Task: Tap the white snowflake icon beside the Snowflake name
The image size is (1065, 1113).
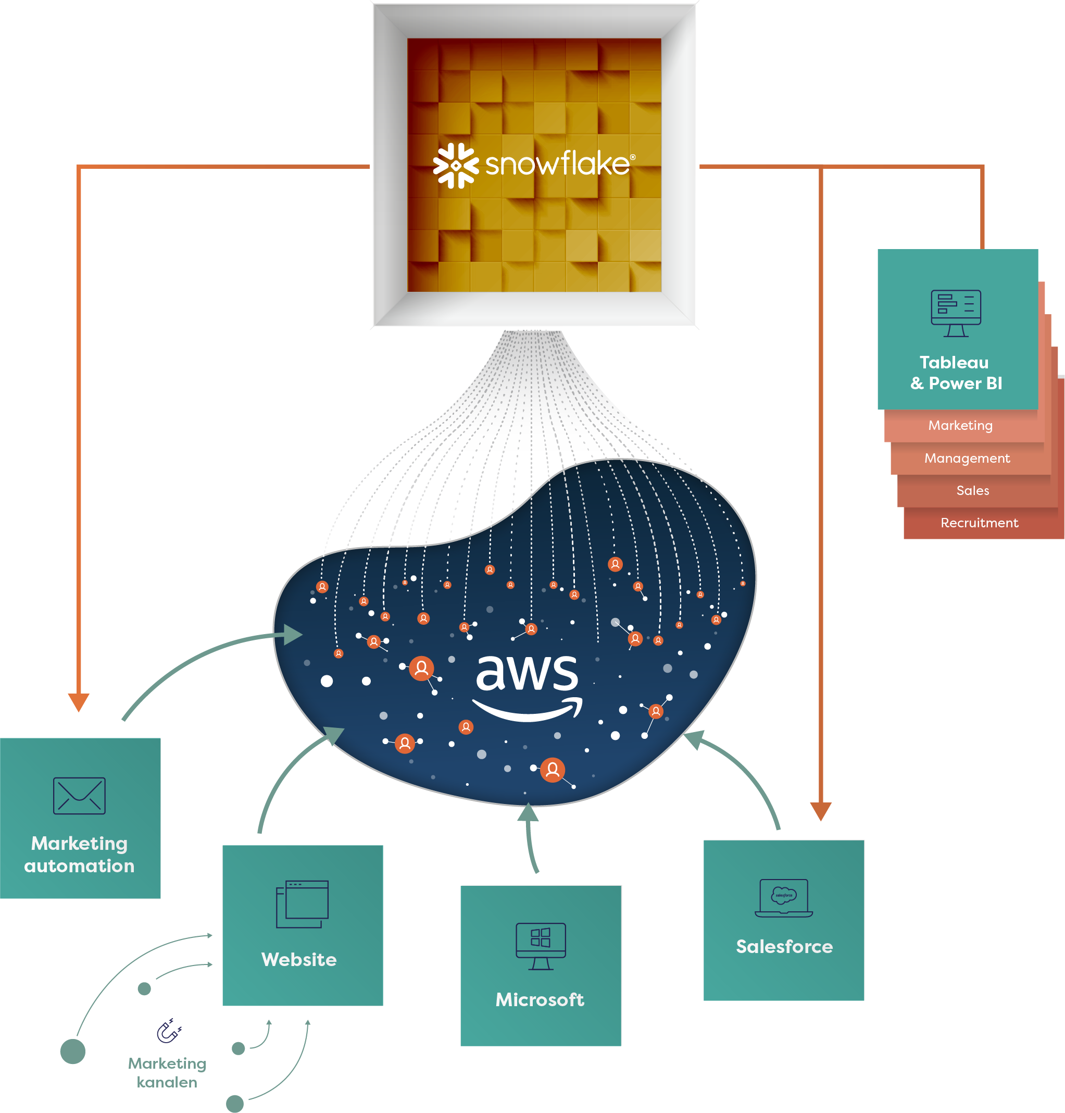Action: tap(455, 165)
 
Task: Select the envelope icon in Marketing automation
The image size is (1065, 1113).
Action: tap(79, 796)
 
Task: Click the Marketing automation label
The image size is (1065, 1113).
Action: tap(80, 855)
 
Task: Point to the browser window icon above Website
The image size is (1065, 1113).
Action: tap(302, 904)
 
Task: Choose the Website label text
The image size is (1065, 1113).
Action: tap(298, 960)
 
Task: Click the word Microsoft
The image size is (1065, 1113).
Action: tap(540, 999)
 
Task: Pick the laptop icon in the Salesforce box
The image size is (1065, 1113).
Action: tap(783, 898)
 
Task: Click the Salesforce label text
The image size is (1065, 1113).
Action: tap(784, 947)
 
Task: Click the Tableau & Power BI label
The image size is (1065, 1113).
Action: tap(956, 373)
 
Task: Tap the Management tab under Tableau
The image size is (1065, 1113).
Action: tap(966, 458)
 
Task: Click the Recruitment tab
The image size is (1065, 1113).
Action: tap(979, 523)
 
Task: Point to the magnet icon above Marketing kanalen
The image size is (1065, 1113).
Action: tap(169, 1031)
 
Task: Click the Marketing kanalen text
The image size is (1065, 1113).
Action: tap(167, 1073)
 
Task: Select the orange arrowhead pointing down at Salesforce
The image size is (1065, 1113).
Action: tap(820, 811)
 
